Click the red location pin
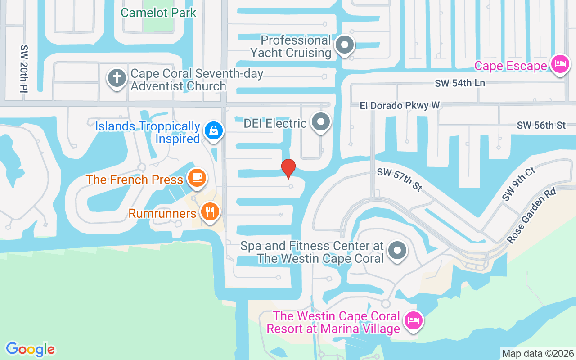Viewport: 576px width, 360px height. point(288,168)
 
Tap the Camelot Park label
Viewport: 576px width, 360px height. point(158,12)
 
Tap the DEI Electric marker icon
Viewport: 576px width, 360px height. point(321,121)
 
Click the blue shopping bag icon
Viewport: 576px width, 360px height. point(214,131)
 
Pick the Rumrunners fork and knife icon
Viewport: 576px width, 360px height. point(210,211)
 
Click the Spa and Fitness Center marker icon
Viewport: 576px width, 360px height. point(397,250)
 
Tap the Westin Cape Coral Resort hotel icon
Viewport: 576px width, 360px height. point(413,320)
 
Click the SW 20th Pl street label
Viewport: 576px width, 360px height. point(24,69)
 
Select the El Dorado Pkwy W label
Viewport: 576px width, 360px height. point(400,105)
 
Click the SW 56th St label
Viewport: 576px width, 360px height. point(541,125)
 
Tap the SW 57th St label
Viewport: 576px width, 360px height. point(400,179)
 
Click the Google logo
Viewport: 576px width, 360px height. point(30,349)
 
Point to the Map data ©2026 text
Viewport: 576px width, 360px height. point(538,353)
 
